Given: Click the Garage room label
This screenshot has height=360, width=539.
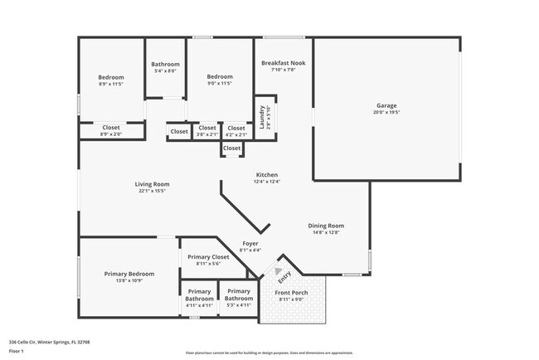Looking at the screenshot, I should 386,105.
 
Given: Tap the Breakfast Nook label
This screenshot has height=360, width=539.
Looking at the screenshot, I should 284,63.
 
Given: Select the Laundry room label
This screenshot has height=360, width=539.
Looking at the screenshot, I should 262,117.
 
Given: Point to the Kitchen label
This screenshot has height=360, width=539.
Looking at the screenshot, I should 267,175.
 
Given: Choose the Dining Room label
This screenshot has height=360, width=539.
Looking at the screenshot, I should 326,226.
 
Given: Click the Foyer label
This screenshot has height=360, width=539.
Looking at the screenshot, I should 250,244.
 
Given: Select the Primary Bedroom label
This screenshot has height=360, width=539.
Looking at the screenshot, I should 129,274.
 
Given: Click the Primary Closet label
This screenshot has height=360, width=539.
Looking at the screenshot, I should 208,257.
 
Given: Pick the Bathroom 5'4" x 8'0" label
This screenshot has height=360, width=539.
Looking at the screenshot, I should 166,65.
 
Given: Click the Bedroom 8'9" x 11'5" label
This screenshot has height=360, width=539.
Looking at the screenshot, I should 111,77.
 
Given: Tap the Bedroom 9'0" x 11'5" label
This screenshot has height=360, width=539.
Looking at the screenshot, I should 220,77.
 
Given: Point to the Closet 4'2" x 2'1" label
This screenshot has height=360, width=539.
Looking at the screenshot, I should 236,129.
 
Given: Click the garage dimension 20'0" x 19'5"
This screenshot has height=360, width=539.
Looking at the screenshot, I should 386,112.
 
